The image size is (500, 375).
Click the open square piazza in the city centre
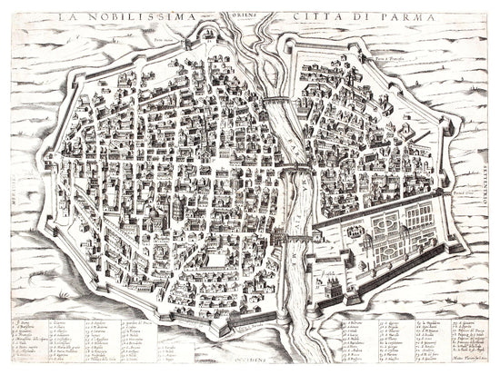[215, 262]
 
